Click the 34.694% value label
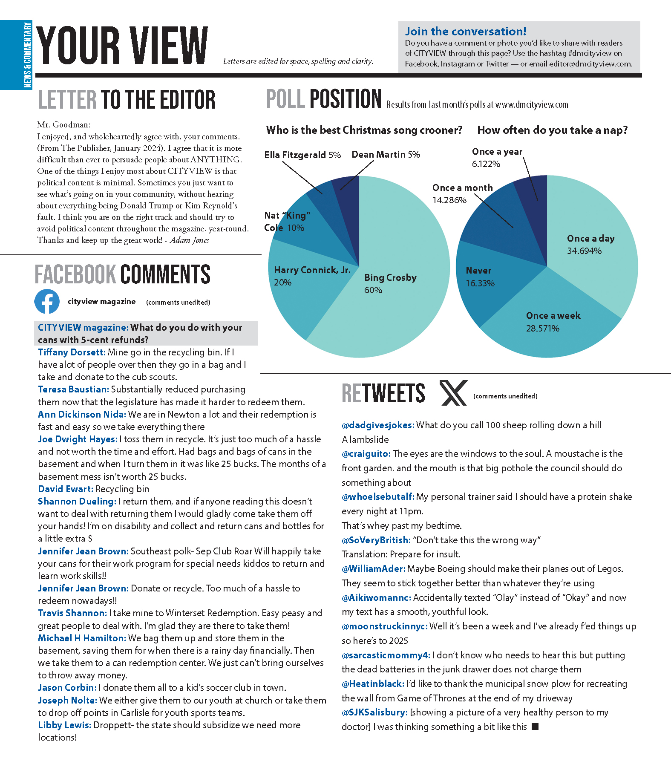click(584, 251)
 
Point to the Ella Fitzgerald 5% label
click(302, 155)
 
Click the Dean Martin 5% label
click(386, 154)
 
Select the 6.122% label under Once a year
click(486, 164)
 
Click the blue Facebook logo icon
click(47, 301)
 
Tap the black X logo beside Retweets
click(453, 393)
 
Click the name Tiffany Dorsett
click(71, 352)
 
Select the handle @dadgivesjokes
click(377, 425)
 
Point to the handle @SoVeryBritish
click(376, 540)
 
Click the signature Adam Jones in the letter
click(189, 240)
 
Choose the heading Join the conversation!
click(466, 32)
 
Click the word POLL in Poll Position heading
click(285, 99)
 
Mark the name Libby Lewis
click(64, 725)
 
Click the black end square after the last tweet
click(536, 727)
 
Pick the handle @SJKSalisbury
click(374, 712)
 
